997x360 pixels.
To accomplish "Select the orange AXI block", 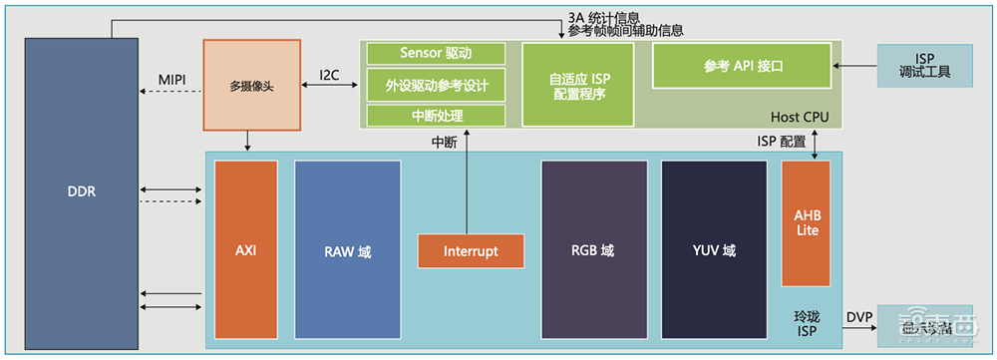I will pyautogui.click(x=245, y=251).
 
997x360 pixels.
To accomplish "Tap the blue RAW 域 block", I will pyautogui.click(x=347, y=251).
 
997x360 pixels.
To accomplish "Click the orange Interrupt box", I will pyautogui.click(x=470, y=251).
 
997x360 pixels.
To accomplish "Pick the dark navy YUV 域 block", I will pyautogui.click(x=713, y=251).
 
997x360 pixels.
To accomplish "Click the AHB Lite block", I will pyautogui.click(x=806, y=223).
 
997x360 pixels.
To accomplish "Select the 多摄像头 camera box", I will pyautogui.click(x=251, y=86).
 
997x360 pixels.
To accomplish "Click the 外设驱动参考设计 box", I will pyautogui.click(x=436, y=85).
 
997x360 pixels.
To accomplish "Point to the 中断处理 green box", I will pyautogui.click(x=436, y=116).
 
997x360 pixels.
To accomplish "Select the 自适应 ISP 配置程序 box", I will pyautogui.click(x=578, y=86).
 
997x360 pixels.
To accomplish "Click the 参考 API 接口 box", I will pyautogui.click(x=742, y=66).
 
